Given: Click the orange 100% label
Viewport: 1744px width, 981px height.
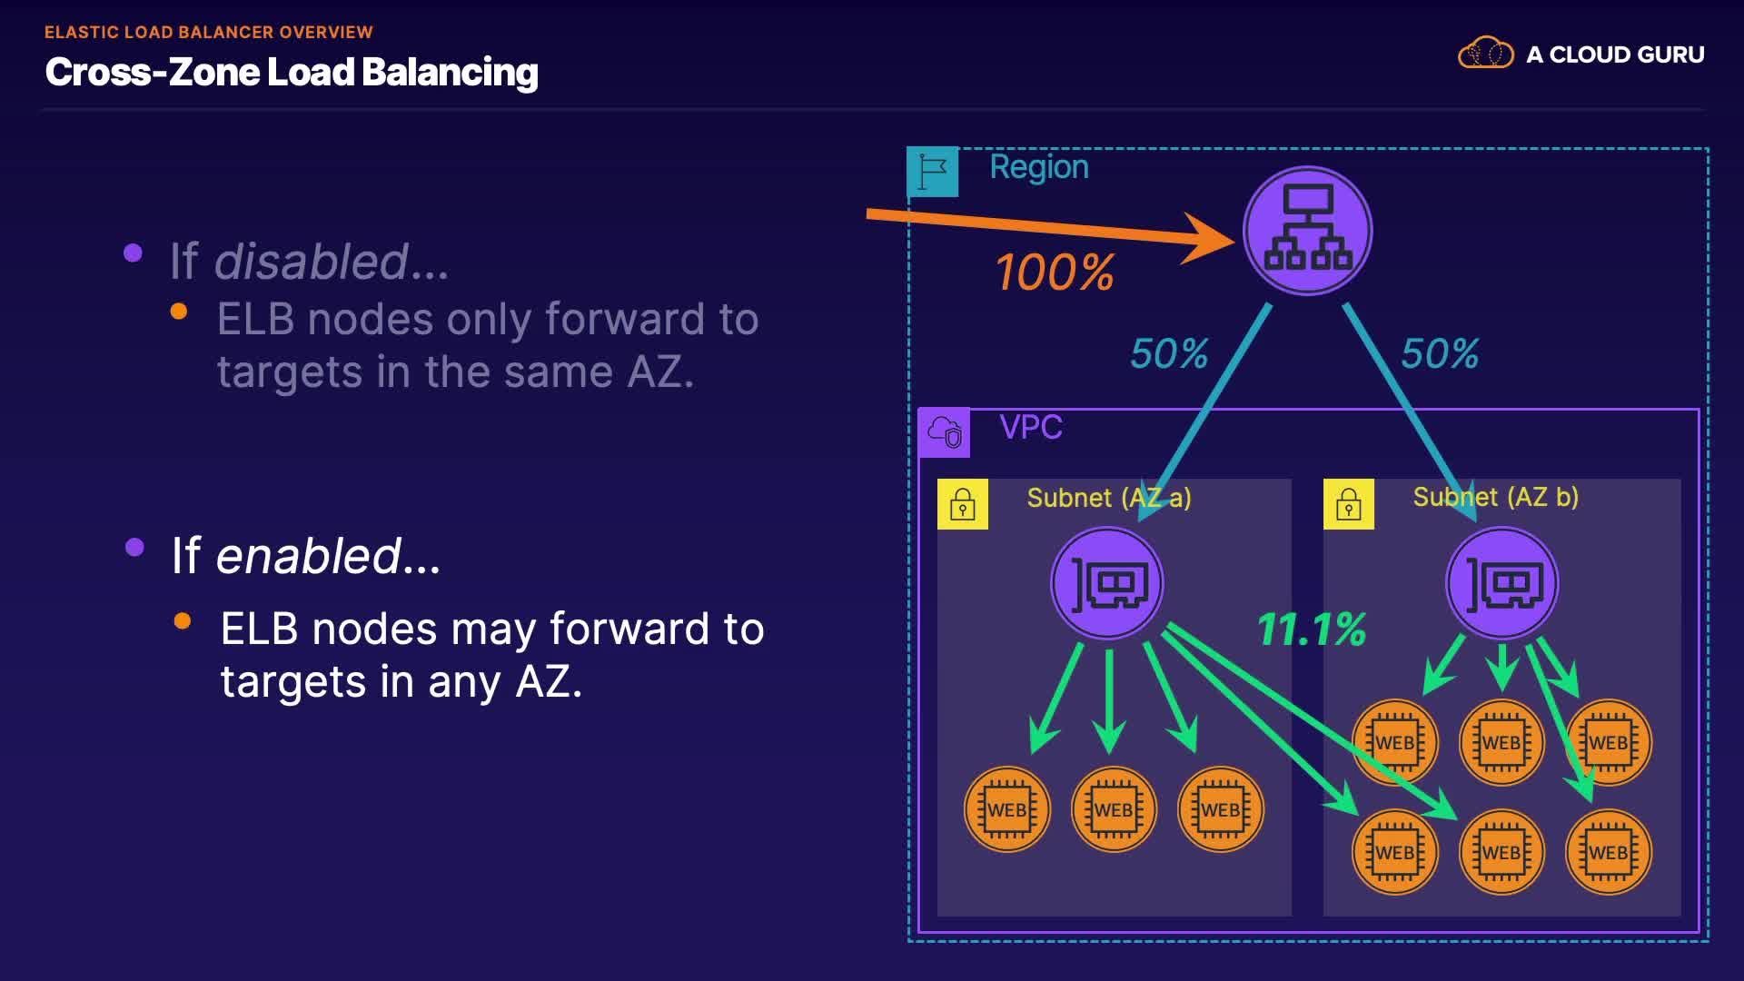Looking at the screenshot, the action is [x=1055, y=272].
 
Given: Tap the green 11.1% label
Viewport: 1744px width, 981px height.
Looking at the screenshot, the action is [x=1312, y=629].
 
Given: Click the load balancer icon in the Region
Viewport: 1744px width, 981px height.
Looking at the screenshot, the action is [x=1307, y=231].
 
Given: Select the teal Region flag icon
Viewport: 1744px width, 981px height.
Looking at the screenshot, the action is [x=933, y=172].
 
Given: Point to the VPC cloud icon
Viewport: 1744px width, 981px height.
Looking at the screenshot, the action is [x=945, y=432].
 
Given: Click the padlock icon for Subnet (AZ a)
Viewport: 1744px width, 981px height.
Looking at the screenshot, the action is [x=963, y=504].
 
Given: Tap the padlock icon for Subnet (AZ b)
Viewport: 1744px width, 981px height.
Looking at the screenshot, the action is [x=1349, y=504].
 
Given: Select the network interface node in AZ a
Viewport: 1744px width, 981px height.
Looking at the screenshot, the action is [x=1107, y=584].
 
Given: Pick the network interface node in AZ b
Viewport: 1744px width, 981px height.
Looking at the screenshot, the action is [x=1502, y=584].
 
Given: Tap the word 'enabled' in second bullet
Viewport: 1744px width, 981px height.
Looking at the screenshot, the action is [x=309, y=556].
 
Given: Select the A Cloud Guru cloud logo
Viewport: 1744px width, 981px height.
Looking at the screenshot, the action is [x=1486, y=54].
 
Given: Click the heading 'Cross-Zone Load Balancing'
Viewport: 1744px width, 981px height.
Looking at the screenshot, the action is [x=292, y=72].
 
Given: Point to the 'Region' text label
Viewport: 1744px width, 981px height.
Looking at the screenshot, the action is [x=1039, y=167].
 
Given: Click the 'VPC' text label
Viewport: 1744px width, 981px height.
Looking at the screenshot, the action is [x=1031, y=427].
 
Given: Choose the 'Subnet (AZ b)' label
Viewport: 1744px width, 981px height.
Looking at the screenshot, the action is [x=1496, y=497].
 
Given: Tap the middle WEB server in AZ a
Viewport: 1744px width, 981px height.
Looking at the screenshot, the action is [x=1114, y=809].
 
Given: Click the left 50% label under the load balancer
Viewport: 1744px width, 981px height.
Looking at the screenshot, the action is [x=1169, y=353].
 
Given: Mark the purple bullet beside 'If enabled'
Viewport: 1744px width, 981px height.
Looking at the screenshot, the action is [x=135, y=547].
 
